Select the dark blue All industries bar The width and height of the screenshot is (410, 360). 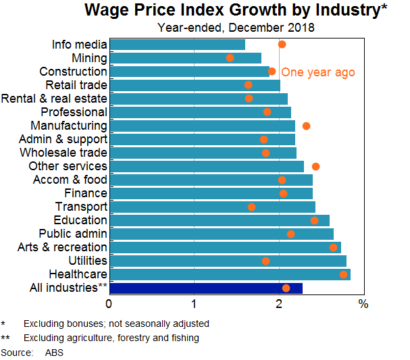(x=205, y=288)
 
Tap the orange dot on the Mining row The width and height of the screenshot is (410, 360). (x=230, y=58)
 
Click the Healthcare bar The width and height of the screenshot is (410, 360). (x=230, y=274)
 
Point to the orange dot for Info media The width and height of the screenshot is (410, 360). (x=282, y=44)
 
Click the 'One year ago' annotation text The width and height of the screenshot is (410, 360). (x=317, y=72)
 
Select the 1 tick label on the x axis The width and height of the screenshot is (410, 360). (x=194, y=304)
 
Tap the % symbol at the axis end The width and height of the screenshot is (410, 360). (x=363, y=304)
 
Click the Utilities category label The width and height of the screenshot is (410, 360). (x=88, y=261)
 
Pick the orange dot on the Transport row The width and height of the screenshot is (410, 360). (x=252, y=207)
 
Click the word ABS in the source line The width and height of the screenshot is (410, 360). (x=54, y=353)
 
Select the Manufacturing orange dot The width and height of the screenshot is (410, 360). (x=306, y=126)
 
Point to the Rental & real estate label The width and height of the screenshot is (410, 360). (x=54, y=99)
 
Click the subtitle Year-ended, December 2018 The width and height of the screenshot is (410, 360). (x=236, y=28)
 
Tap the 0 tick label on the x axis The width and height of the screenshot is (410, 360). (x=109, y=304)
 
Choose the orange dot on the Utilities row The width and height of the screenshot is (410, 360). (x=265, y=261)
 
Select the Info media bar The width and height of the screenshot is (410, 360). (x=177, y=45)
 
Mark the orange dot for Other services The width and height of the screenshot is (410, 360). (x=315, y=166)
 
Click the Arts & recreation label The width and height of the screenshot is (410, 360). (x=62, y=247)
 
